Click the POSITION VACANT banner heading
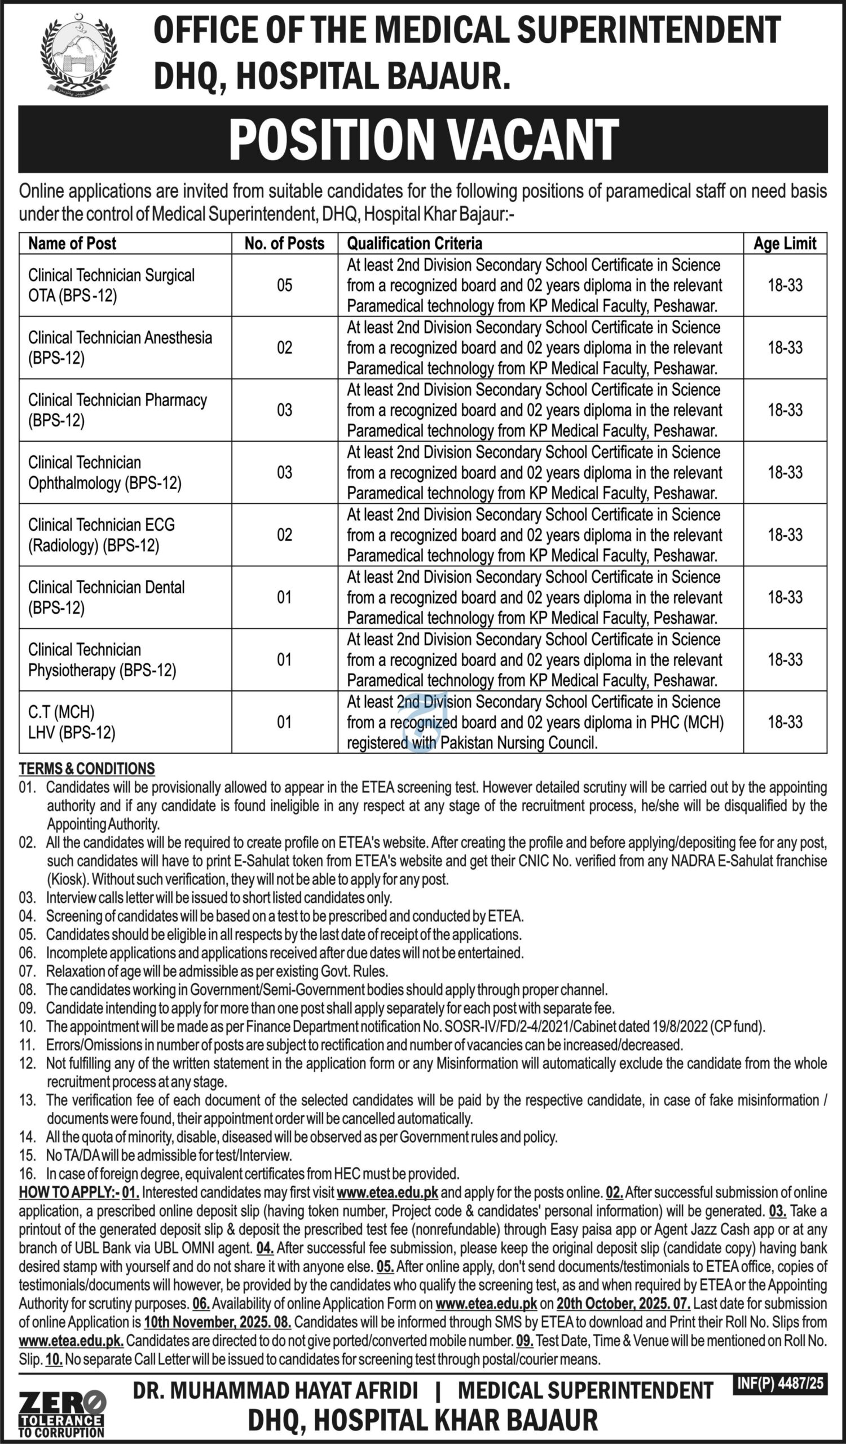(x=424, y=139)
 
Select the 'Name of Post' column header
(x=72, y=244)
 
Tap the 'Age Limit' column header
(x=784, y=244)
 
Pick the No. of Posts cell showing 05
(x=284, y=285)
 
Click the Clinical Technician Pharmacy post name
(x=117, y=410)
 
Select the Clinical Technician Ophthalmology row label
(x=105, y=473)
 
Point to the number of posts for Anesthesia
(x=284, y=348)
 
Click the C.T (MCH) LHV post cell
(x=72, y=722)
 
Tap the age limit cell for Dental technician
(x=785, y=598)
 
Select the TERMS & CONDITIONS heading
(x=87, y=768)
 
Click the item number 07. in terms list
(x=28, y=971)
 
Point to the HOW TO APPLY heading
(x=69, y=1192)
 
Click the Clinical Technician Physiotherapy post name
(x=102, y=660)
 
